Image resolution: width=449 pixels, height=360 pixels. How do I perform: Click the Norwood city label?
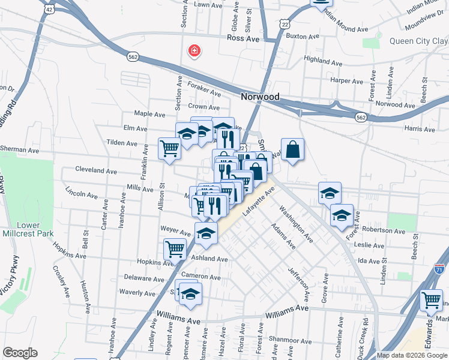click(260, 97)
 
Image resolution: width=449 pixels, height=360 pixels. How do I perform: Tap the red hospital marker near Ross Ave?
click(194, 50)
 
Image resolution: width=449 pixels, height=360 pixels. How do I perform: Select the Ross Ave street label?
click(243, 38)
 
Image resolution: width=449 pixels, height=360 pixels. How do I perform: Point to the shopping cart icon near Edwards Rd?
click(431, 301)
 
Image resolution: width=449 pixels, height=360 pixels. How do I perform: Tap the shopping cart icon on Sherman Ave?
click(170, 148)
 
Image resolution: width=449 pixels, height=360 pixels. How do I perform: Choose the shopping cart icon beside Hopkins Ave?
click(175, 248)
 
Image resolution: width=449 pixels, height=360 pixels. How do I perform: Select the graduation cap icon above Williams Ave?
click(191, 294)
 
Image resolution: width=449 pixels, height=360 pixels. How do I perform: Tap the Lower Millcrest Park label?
click(28, 229)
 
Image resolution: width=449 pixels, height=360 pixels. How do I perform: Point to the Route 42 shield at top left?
click(49, 10)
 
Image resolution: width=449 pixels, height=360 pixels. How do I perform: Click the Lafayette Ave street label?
click(258, 202)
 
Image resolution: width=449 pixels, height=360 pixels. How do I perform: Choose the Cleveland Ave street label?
click(96, 171)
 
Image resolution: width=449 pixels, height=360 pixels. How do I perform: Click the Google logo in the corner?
click(20, 353)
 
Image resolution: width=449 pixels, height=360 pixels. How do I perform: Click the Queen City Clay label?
click(418, 41)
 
